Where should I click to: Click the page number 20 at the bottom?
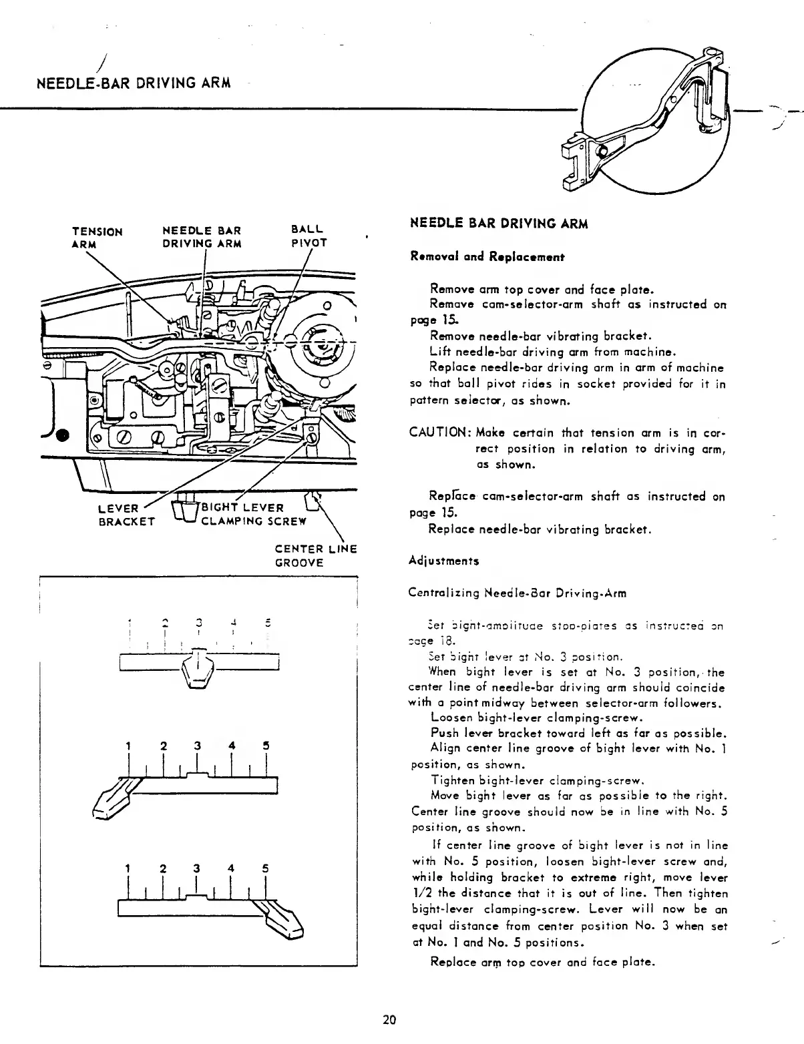point(390,1019)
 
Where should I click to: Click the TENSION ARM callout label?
point(97,238)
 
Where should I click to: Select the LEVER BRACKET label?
point(126,515)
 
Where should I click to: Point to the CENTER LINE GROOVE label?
point(315,555)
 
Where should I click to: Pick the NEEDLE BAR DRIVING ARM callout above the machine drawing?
point(202,238)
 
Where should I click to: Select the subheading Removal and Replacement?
point(488,256)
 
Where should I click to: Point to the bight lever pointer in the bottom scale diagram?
point(280,920)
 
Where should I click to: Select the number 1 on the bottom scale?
point(128,868)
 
